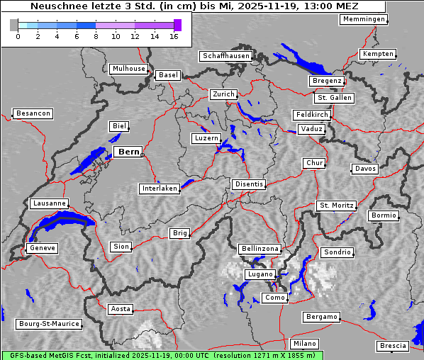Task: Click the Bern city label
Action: pyautogui.click(x=128, y=152)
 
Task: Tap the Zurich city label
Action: pyautogui.click(x=223, y=94)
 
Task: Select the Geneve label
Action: pyautogui.click(x=41, y=248)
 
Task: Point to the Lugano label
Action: pyautogui.click(x=259, y=274)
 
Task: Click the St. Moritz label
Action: pyautogui.click(x=336, y=206)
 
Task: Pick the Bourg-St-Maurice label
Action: pyautogui.click(x=49, y=324)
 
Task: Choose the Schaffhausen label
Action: pyautogui.click(x=225, y=56)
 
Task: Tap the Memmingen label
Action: pyautogui.click(x=363, y=19)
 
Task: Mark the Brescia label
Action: pyautogui.click(x=393, y=346)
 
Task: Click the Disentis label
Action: pyautogui.click(x=248, y=184)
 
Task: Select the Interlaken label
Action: pyautogui.click(x=159, y=189)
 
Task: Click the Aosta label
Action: pyautogui.click(x=120, y=309)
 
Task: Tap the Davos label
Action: pyautogui.click(x=365, y=169)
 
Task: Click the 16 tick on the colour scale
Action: pyautogui.click(x=174, y=35)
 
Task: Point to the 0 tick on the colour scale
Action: pyautogui.click(x=17, y=35)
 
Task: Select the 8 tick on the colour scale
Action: pyautogui.click(x=96, y=35)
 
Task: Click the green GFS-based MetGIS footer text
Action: pyautogui.click(x=162, y=355)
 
